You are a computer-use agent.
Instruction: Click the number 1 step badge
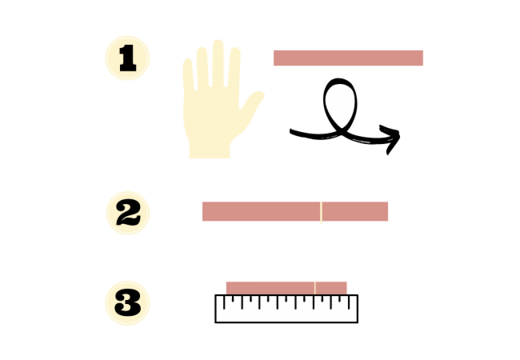[x=127, y=58]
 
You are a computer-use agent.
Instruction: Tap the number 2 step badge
[x=128, y=213]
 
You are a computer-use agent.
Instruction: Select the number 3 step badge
[x=127, y=303]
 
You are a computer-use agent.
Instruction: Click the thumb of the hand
[x=252, y=101]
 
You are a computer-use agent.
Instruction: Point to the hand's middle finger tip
[x=218, y=42]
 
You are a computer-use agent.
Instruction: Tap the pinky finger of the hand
[x=188, y=74]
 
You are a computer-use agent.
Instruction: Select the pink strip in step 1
[x=348, y=58]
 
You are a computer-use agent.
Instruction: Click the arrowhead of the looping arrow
[x=391, y=138]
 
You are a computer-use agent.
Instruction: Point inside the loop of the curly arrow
[x=340, y=102]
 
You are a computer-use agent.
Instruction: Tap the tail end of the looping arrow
[x=292, y=132]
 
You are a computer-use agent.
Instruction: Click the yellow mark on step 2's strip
[x=321, y=212]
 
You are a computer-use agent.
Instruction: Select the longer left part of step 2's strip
[x=261, y=211]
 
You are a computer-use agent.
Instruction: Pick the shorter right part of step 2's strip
[x=355, y=211]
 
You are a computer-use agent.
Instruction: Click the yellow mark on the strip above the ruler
[x=314, y=288]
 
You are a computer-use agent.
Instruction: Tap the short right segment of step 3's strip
[x=331, y=288]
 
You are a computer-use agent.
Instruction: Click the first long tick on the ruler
[x=224, y=302]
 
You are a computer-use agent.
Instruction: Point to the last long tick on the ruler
[x=349, y=302]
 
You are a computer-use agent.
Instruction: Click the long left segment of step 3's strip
[x=270, y=288]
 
